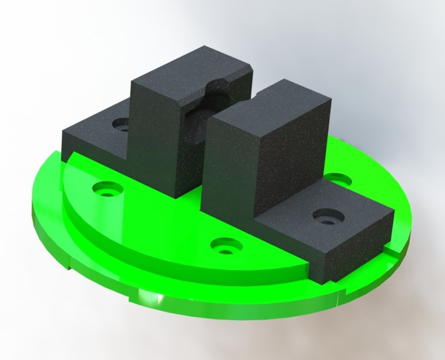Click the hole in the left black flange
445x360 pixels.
click(122, 123)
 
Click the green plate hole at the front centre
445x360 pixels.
click(224, 246)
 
